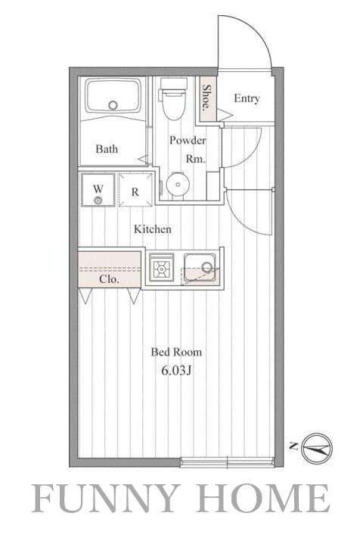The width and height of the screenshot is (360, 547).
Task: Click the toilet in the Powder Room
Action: (x=173, y=102)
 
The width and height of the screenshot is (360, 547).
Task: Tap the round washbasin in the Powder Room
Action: (x=177, y=185)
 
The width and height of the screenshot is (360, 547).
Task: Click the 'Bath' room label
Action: (x=107, y=149)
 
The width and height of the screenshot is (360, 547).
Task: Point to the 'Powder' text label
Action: (x=187, y=141)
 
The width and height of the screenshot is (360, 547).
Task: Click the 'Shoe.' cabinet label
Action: (x=206, y=97)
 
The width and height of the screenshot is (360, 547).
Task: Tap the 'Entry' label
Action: (x=247, y=98)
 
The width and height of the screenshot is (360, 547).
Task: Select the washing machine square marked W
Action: (x=98, y=190)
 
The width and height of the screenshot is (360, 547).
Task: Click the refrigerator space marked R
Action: (x=135, y=191)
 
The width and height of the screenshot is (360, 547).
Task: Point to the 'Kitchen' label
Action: (x=153, y=229)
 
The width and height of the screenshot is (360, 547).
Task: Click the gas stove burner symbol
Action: (x=161, y=267)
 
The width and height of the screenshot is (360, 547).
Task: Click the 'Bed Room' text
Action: (x=176, y=352)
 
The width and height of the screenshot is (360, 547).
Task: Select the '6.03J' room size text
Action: (x=177, y=371)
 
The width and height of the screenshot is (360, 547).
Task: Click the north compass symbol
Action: (x=316, y=448)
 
